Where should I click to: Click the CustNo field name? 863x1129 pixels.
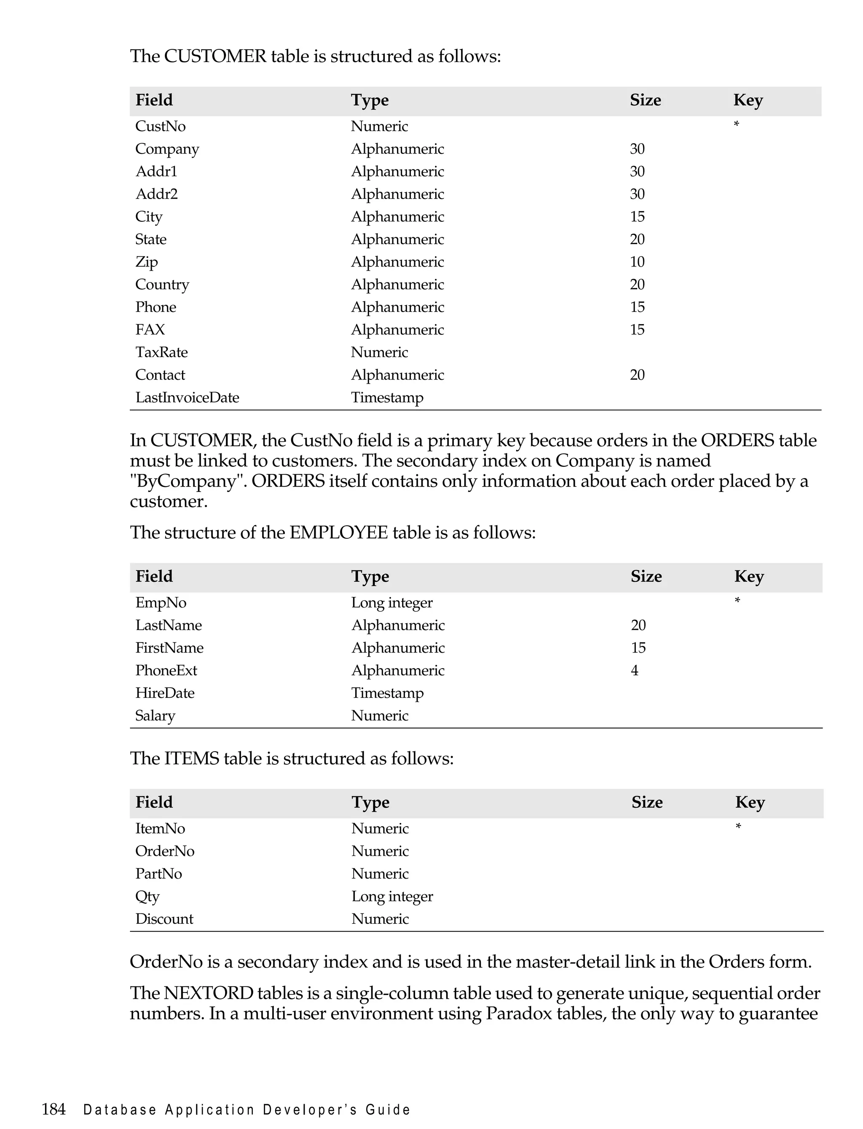tap(160, 126)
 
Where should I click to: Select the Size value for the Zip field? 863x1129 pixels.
tap(637, 262)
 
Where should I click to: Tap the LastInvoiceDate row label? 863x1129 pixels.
tap(187, 398)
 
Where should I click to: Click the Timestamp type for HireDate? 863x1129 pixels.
tap(387, 693)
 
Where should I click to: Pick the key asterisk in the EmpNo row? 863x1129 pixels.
tap(737, 601)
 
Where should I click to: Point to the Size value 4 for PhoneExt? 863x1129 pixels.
tap(635, 671)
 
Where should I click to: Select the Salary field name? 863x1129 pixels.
tap(155, 716)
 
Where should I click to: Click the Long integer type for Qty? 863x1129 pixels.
tap(392, 897)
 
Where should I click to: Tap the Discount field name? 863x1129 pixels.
tap(164, 919)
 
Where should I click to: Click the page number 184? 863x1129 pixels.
tap(54, 1110)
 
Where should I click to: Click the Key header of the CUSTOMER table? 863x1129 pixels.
tap(748, 100)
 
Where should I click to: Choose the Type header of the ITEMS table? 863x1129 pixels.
tap(370, 803)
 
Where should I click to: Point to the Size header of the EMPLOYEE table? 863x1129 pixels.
tap(646, 577)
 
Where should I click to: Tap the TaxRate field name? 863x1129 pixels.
tap(161, 352)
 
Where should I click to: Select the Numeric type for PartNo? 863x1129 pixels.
tap(380, 874)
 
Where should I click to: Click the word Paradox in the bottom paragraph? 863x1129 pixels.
tap(519, 1014)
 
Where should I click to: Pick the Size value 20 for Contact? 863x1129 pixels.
tap(637, 375)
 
